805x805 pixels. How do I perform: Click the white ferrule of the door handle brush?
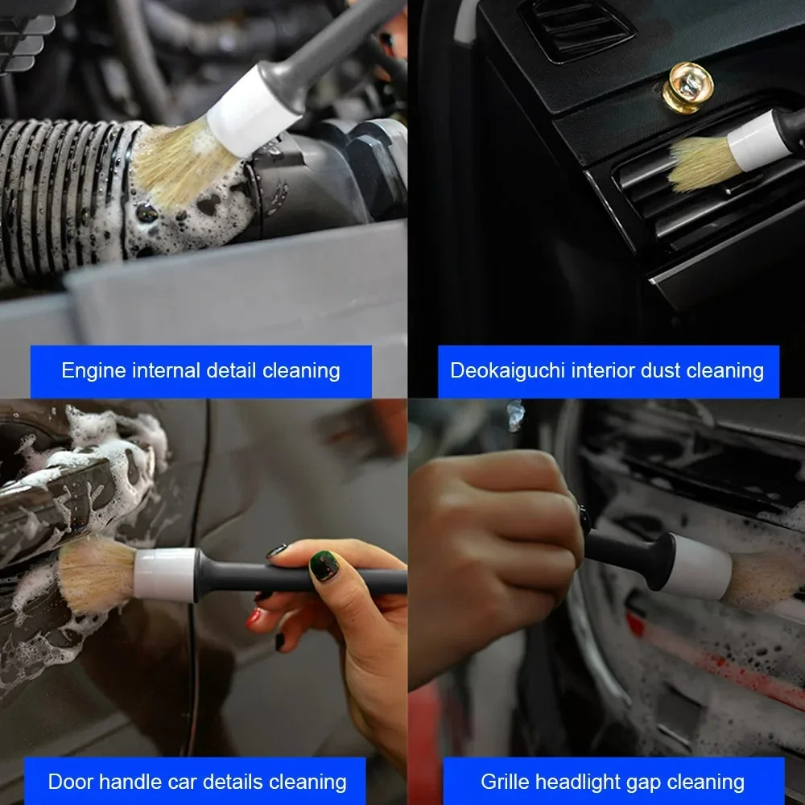coord(165,574)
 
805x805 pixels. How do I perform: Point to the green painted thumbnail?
coord(324,566)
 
